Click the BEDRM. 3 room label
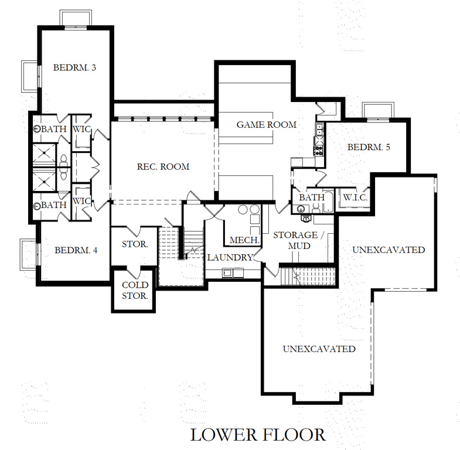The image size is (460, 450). click(74, 67)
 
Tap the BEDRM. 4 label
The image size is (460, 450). click(76, 250)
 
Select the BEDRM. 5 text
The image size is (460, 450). click(369, 147)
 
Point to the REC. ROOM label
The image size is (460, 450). click(163, 167)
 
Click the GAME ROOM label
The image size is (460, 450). click(267, 125)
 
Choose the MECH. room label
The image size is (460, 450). click(241, 240)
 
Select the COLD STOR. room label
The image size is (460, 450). click(135, 290)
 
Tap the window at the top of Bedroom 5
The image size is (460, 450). click(373, 110)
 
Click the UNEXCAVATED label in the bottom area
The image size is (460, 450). click(319, 349)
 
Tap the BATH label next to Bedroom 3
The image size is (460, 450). click(53, 128)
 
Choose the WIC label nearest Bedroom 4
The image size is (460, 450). click(81, 201)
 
